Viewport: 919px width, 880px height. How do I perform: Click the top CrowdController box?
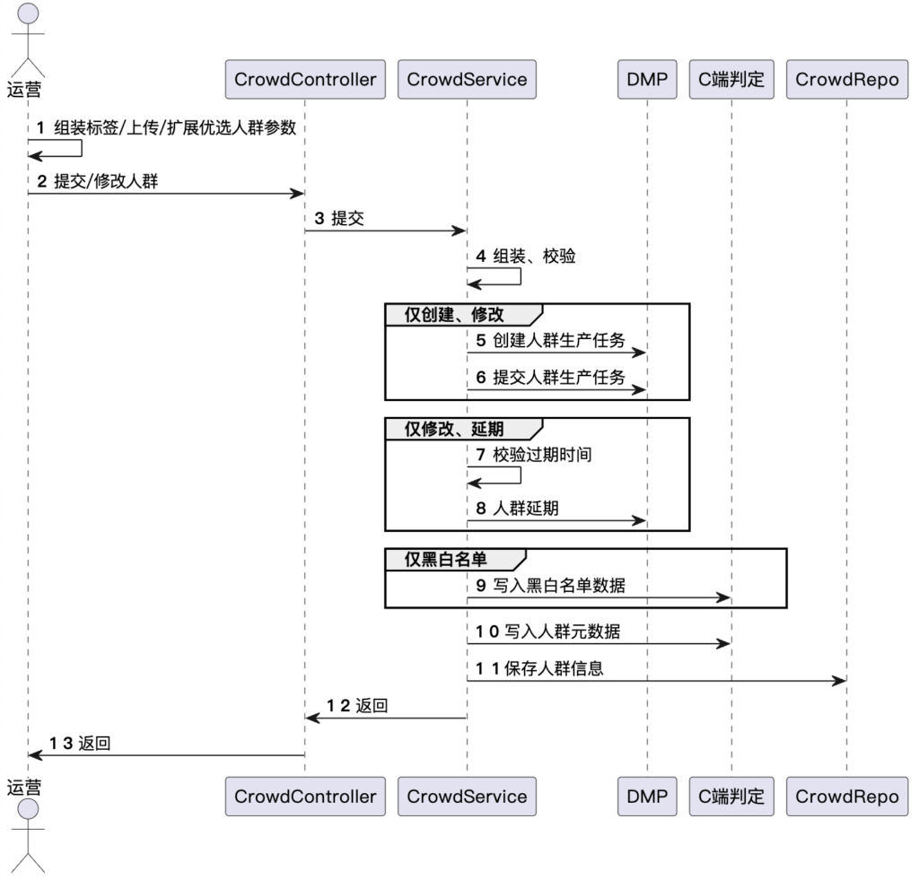[304, 80]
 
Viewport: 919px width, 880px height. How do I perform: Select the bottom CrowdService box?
[467, 796]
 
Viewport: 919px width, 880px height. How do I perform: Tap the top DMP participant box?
[647, 80]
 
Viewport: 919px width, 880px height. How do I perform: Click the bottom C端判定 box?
[731, 796]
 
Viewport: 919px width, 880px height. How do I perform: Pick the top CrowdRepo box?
[846, 80]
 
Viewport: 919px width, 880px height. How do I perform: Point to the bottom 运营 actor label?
[25, 787]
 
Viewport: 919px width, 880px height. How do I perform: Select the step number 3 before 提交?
[319, 219]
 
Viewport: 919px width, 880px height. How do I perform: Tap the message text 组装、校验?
[535, 256]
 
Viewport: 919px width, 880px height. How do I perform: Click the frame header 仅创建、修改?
[454, 314]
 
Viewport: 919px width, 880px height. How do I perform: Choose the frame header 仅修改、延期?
[454, 428]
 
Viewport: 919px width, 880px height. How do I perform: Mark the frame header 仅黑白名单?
[446, 559]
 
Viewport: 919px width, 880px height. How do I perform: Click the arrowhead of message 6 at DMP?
[641, 390]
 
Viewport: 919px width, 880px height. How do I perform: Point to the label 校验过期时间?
[543, 455]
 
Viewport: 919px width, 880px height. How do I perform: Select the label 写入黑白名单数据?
[559, 585]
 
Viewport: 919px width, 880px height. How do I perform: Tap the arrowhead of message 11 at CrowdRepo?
[840, 681]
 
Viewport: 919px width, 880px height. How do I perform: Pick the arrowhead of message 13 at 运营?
[35, 754]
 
